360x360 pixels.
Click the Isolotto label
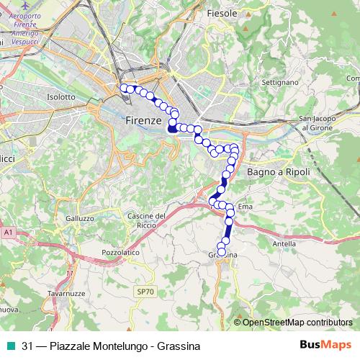tap(61, 96)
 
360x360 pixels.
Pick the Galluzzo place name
tap(79, 218)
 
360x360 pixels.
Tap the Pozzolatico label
tap(120, 254)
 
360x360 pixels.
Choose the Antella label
tap(284, 243)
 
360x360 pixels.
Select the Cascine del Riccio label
tap(147, 221)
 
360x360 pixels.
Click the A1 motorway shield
tap(8, 233)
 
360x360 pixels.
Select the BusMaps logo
tap(325, 345)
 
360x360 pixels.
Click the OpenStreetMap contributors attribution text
tap(297, 322)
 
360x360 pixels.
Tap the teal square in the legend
tap(12, 345)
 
